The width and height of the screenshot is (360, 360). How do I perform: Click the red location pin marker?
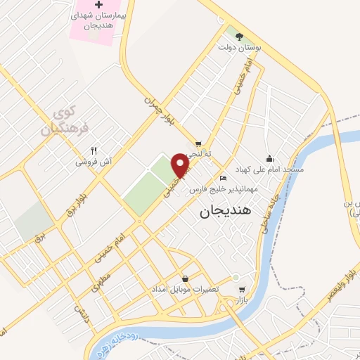pyautogui.click(x=181, y=166)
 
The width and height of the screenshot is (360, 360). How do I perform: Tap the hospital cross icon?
pyautogui.click(x=99, y=5)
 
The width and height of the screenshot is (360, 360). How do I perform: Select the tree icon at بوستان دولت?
pyautogui.click(x=240, y=36)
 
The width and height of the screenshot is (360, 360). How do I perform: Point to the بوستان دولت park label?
pyautogui.click(x=243, y=47)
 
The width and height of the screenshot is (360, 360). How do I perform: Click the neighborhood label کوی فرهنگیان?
pyautogui.click(x=62, y=120)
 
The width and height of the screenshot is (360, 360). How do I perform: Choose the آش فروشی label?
pyautogui.click(x=95, y=162)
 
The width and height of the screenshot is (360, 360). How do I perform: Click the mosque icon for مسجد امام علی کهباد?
pyautogui.click(x=269, y=158)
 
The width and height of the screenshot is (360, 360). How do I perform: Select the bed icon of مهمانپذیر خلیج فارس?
pyautogui.click(x=223, y=178)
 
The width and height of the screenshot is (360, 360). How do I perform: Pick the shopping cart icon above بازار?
pyautogui.click(x=242, y=289)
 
